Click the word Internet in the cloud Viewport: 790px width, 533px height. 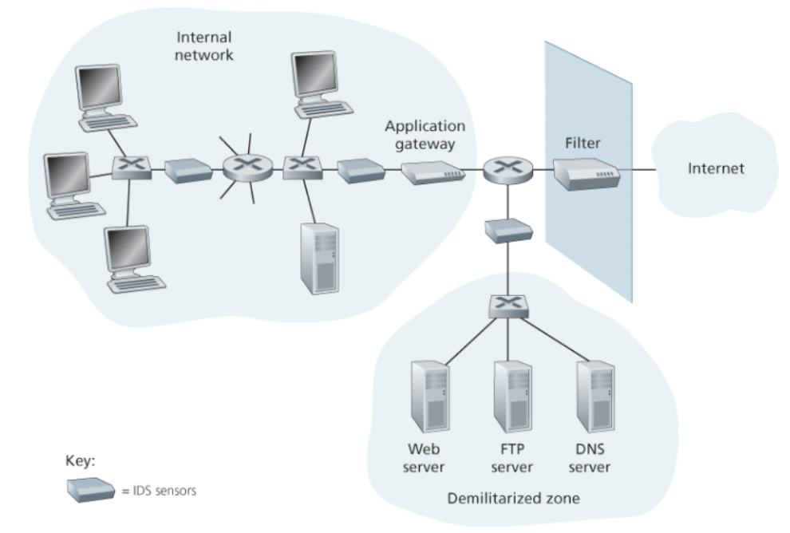pyautogui.click(x=717, y=169)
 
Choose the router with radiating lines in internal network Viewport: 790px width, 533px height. pyautogui.click(x=243, y=168)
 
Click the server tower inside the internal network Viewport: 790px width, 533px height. pyautogui.click(x=319, y=259)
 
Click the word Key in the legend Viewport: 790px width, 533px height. pyautogui.click(x=81, y=462)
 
